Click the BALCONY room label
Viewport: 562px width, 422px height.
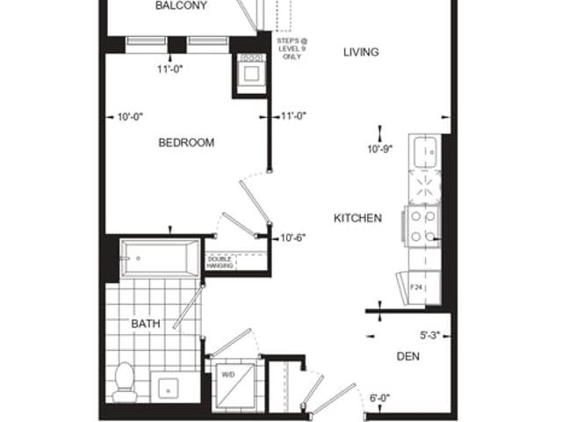coord(181,5)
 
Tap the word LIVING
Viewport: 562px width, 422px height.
coord(361,53)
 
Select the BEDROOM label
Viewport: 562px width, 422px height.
coord(186,142)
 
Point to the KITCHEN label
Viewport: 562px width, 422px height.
coord(357,218)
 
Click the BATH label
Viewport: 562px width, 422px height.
coord(146,324)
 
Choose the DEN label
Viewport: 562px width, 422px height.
coord(407,356)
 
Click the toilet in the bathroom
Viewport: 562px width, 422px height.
coord(125,382)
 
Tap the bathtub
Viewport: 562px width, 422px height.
coord(160,258)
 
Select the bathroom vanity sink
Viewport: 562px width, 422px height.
coord(168,389)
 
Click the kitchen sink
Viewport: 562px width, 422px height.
coord(425,152)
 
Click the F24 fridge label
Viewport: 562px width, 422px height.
coord(415,287)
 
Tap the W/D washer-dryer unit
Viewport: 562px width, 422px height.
coord(234,387)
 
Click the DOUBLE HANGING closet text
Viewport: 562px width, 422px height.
coord(220,262)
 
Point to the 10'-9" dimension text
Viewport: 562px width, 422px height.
coord(380,149)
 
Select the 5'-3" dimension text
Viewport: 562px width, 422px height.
coord(429,336)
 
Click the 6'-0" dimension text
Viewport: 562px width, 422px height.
coord(380,398)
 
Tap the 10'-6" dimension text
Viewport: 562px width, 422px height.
coord(292,238)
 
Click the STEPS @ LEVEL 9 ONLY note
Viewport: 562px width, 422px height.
coord(292,49)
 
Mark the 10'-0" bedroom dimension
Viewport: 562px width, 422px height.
coord(131,117)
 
